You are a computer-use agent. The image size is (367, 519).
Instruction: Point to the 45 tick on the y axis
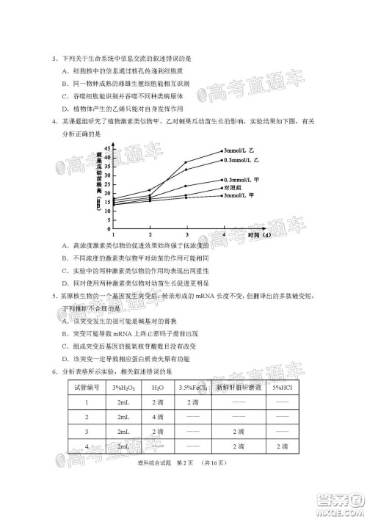106,148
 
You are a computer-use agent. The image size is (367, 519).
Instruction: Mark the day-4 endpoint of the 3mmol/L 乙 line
222,151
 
